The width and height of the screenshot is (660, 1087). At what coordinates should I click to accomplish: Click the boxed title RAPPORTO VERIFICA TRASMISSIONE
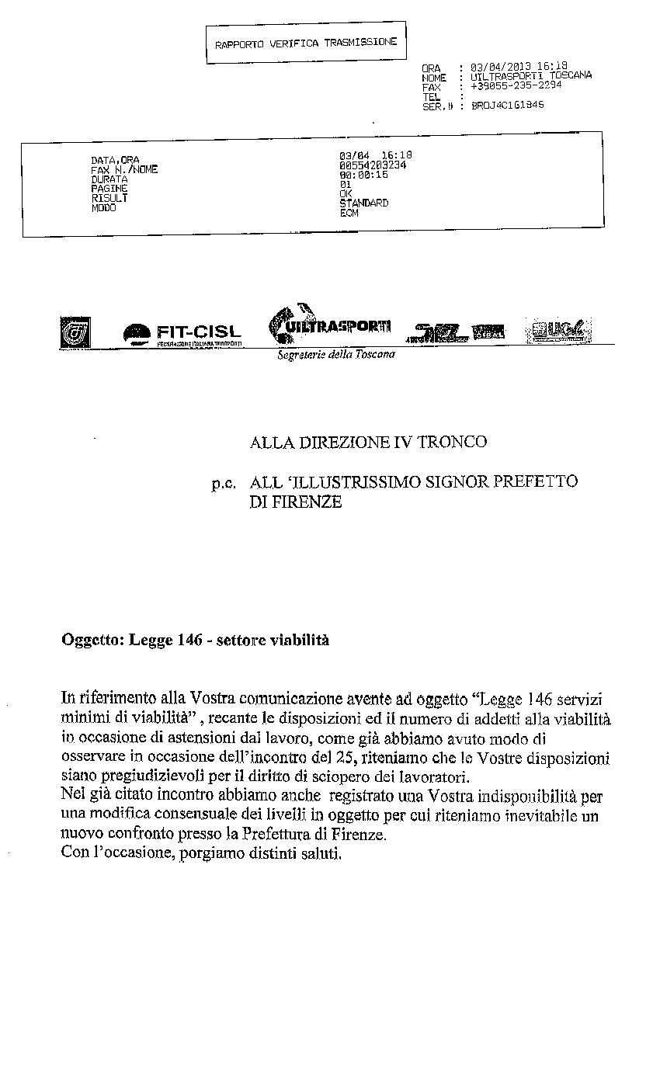click(306, 43)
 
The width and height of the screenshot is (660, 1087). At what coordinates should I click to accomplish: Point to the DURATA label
click(109, 179)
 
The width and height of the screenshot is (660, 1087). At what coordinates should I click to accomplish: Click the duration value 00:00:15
click(364, 175)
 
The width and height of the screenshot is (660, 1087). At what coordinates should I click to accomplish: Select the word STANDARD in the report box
click(364, 203)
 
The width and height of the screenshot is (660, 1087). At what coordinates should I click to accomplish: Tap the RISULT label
click(109, 198)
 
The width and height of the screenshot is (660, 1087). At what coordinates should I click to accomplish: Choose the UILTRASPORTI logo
click(329, 326)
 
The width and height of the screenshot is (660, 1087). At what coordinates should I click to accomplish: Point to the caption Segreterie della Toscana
click(336, 354)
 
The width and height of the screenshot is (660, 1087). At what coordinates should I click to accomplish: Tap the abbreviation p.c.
click(223, 483)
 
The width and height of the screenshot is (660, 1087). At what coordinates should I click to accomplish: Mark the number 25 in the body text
click(342, 757)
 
